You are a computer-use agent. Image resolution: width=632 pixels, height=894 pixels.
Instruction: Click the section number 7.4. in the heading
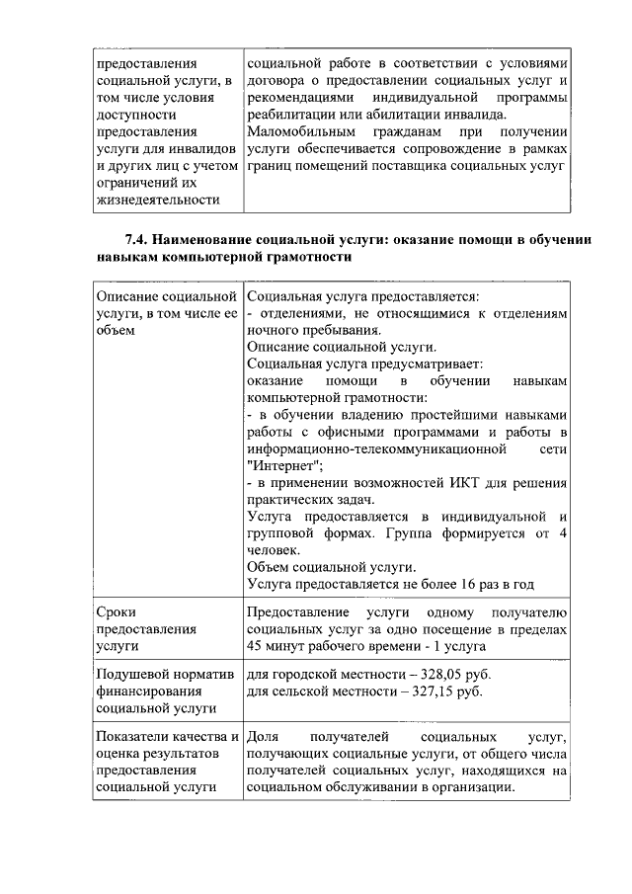point(138,241)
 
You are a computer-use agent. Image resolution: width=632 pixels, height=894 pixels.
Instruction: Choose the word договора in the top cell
point(276,80)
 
